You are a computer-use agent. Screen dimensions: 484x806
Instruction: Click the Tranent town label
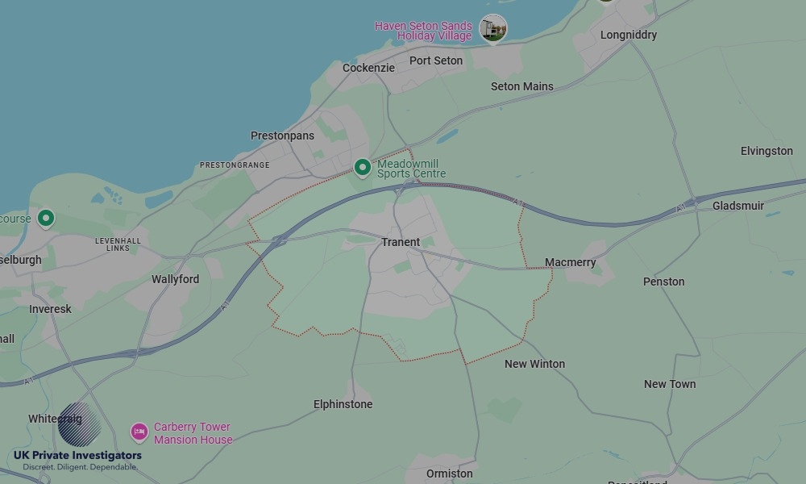tap(401, 242)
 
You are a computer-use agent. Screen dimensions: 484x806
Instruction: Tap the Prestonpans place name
tap(282, 136)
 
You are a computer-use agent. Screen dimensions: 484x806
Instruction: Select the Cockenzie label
tap(368, 68)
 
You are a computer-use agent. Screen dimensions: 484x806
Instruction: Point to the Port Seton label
tap(436, 60)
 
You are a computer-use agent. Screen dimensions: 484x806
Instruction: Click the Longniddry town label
tap(629, 35)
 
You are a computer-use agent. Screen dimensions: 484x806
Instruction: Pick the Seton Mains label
tap(522, 86)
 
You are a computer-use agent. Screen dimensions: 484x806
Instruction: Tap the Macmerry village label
tap(571, 262)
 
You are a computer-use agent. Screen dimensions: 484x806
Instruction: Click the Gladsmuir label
tap(738, 206)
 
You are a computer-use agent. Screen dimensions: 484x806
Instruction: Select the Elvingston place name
tap(767, 151)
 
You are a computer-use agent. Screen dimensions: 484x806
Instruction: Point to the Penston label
tap(664, 282)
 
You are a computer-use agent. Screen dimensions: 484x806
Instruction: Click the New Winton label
tap(534, 364)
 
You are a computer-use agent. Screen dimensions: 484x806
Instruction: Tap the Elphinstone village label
tap(343, 404)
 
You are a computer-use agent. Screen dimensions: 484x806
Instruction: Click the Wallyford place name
tap(175, 279)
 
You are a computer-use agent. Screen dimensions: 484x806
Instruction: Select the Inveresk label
tap(50, 309)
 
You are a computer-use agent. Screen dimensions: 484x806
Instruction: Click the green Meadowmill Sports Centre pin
tap(363, 167)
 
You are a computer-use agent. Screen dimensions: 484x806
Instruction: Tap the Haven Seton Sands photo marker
tap(493, 28)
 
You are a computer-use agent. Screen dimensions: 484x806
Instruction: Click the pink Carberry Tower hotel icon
tap(139, 432)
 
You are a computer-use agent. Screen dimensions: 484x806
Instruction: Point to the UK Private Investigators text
tap(77, 456)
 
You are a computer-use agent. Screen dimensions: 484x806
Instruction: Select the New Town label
tap(670, 384)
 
